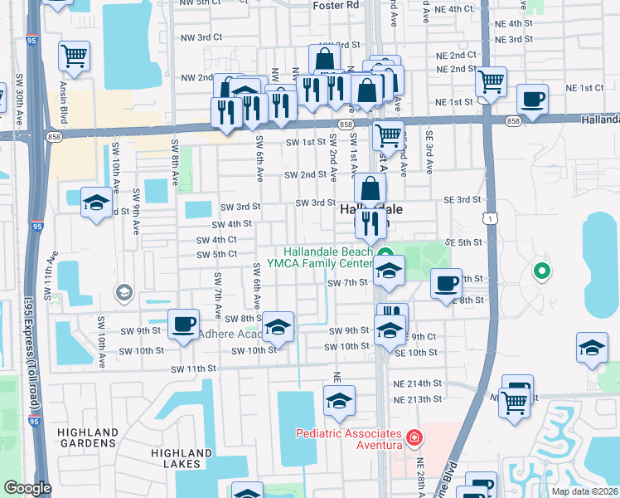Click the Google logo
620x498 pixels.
coord(27,489)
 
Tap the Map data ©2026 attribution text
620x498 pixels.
coord(584,491)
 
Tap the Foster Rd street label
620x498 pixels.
coord(337,5)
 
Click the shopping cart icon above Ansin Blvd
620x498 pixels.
coord(74,56)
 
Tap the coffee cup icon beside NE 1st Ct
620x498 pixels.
coord(532,99)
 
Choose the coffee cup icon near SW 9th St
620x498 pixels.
coord(183,323)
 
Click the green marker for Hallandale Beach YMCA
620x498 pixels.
coord(384,253)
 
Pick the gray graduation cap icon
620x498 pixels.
coord(124,291)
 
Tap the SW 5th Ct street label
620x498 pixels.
coord(216,253)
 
